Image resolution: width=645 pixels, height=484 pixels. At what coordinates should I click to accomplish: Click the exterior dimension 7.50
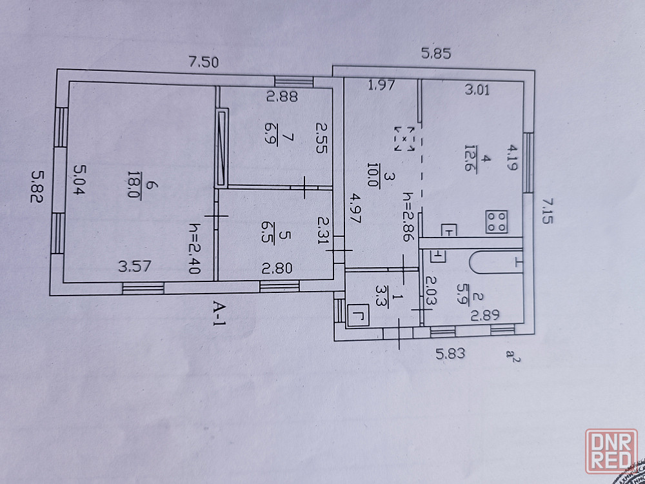pyautogui.click(x=204, y=63)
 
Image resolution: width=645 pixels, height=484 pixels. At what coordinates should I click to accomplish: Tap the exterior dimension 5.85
pyautogui.click(x=436, y=54)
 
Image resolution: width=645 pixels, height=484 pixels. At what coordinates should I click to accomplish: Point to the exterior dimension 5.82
pyautogui.click(x=37, y=187)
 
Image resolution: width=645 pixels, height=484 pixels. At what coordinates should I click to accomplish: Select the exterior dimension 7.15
pyautogui.click(x=548, y=210)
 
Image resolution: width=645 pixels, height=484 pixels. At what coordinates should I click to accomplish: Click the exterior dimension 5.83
pyautogui.click(x=450, y=353)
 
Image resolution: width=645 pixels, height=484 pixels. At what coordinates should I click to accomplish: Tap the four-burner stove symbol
pyautogui.click(x=497, y=222)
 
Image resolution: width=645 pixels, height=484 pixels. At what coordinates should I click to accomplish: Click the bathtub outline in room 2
pyautogui.click(x=495, y=261)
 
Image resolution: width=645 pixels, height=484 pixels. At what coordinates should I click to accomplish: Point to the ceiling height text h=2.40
pyautogui.click(x=193, y=248)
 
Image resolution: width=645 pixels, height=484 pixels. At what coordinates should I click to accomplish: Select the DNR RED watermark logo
pyautogui.click(x=611, y=451)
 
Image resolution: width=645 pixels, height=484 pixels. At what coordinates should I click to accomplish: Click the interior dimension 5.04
pyautogui.click(x=79, y=180)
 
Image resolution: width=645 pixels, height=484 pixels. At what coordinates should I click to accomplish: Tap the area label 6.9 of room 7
pyautogui.click(x=272, y=135)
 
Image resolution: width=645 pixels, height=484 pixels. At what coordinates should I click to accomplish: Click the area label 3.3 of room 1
pyautogui.click(x=379, y=295)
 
